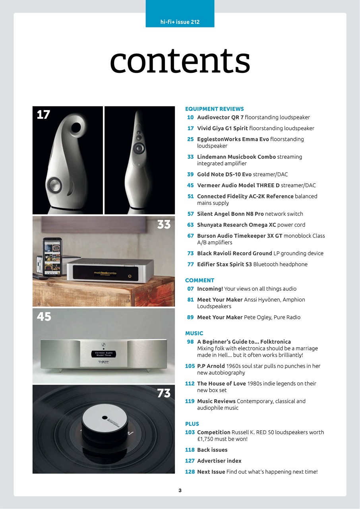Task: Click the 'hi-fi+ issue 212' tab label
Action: pyautogui.click(x=180, y=22)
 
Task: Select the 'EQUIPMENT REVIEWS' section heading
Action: pyautogui.click(x=215, y=109)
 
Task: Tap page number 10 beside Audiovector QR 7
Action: pyautogui.click(x=190, y=117)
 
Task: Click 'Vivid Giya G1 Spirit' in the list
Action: pyautogui.click(x=222, y=128)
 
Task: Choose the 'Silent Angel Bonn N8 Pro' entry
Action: pyautogui.click(x=230, y=214)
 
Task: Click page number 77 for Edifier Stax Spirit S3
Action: pyautogui.click(x=190, y=264)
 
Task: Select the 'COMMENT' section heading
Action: pyautogui.click(x=199, y=280)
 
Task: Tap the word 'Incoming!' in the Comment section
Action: pyautogui.click(x=210, y=289)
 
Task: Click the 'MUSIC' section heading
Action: pyautogui.click(x=194, y=333)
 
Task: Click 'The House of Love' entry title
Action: pyautogui.click(x=221, y=383)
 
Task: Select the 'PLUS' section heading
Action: pyautogui.click(x=192, y=424)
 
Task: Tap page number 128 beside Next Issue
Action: pyautogui.click(x=190, y=472)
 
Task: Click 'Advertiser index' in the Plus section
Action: pyautogui.click(x=219, y=460)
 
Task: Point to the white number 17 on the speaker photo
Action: pyautogui.click(x=43, y=115)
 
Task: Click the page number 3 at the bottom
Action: pyautogui.click(x=180, y=490)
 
